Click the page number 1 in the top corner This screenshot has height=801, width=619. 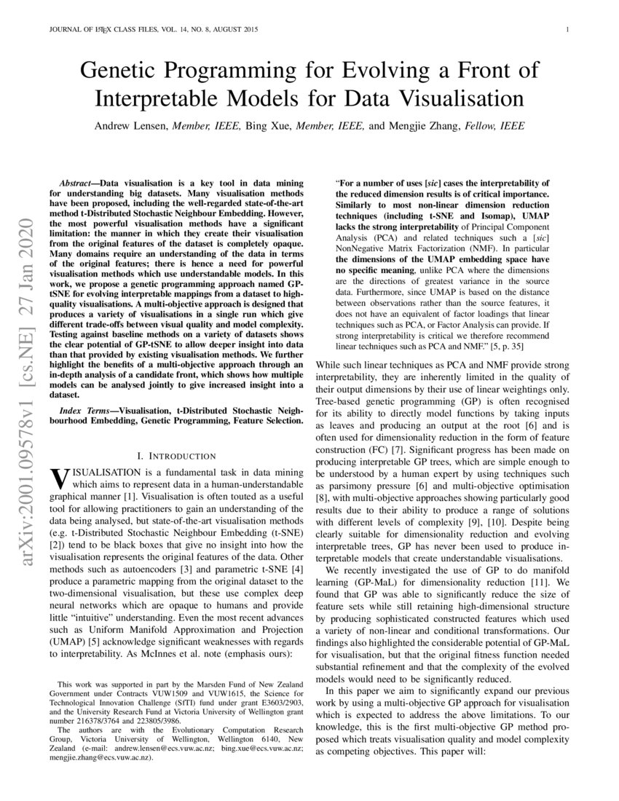[x=567, y=31]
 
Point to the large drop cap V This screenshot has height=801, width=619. [x=58, y=479]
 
